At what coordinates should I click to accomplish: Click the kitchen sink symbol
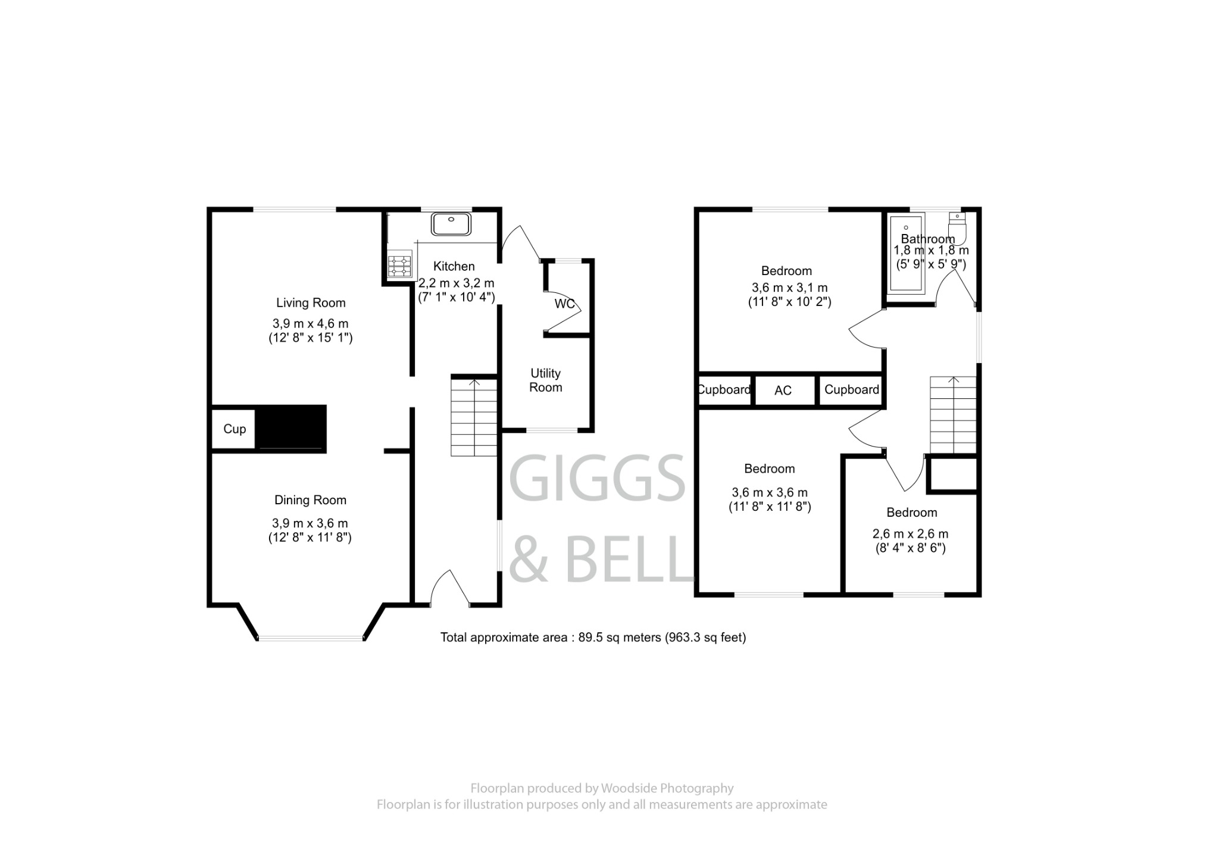click(x=451, y=224)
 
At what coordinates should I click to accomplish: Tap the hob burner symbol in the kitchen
click(x=399, y=266)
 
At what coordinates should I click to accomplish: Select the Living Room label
click(x=311, y=302)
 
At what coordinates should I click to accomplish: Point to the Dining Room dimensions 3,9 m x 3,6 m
click(x=310, y=523)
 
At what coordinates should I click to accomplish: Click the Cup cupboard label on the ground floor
click(x=235, y=429)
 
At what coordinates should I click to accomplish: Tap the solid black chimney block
click(x=291, y=427)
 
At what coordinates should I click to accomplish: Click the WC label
click(x=564, y=304)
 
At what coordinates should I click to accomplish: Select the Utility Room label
click(x=545, y=380)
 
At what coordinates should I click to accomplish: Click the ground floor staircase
click(x=474, y=417)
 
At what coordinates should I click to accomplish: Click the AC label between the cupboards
click(x=783, y=391)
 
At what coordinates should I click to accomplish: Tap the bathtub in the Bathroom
click(x=905, y=254)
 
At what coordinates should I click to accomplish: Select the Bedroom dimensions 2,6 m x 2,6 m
click(x=910, y=534)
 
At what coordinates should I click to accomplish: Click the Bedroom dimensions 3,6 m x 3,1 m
click(x=789, y=288)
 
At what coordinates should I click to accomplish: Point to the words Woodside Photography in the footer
click(x=667, y=788)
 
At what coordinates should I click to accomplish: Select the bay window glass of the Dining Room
click(x=310, y=638)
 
